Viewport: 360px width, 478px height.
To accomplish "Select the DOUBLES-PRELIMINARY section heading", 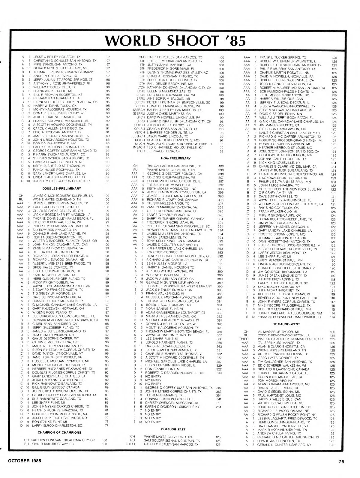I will (61, 188).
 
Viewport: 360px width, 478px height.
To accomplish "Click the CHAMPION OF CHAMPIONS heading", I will (59, 432).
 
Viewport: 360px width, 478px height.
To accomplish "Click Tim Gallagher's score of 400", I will (221, 166).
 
